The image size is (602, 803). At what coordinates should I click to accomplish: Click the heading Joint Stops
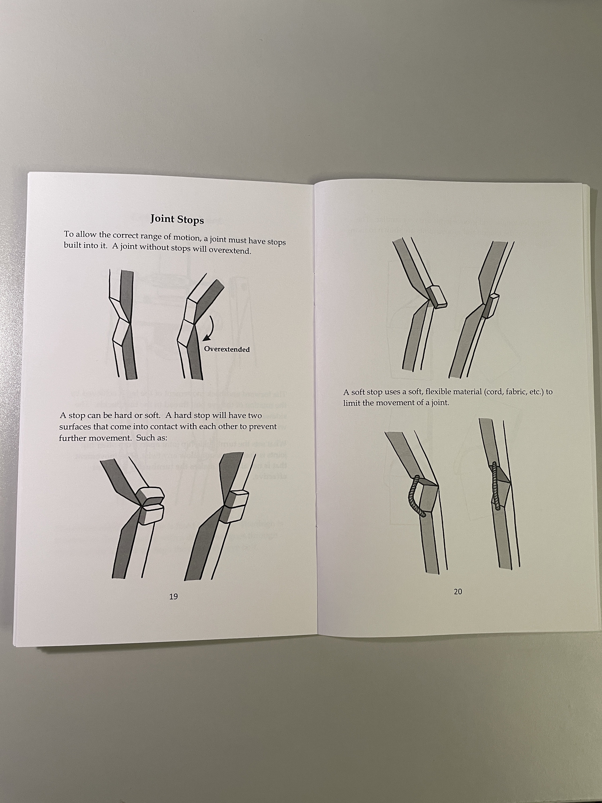coord(177,219)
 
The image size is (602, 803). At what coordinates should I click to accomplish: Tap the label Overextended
coord(227,349)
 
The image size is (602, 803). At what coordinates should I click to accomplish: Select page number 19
coord(173,596)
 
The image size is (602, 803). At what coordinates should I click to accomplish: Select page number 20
coord(458,591)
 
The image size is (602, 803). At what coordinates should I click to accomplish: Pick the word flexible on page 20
coord(440,392)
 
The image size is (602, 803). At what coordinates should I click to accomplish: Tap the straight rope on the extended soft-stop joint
coord(496,486)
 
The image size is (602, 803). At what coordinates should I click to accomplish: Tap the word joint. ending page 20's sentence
coord(440,403)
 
